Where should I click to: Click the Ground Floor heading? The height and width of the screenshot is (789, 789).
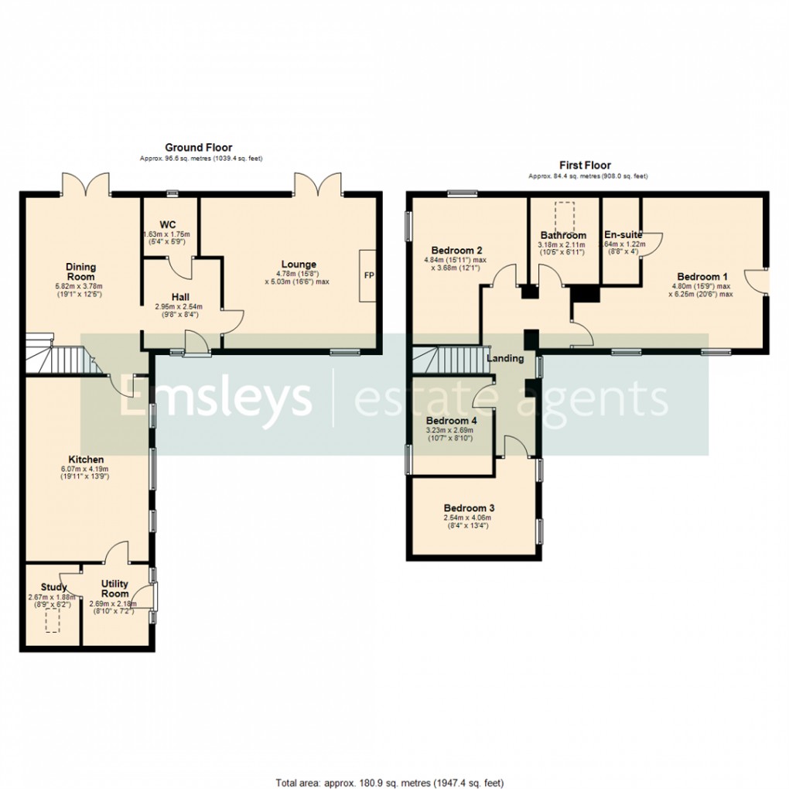click(x=198, y=147)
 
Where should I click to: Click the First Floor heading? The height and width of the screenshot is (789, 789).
click(x=585, y=165)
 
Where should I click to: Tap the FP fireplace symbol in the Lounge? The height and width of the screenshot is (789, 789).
click(x=367, y=275)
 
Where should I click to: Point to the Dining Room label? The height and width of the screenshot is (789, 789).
click(x=80, y=272)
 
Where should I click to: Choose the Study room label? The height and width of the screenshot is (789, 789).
click(x=54, y=587)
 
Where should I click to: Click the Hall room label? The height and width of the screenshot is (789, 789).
click(x=181, y=295)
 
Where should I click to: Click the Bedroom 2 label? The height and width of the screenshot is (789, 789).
click(x=456, y=250)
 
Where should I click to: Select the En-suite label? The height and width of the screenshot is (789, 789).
click(x=623, y=234)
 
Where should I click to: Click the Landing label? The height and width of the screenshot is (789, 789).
click(x=505, y=358)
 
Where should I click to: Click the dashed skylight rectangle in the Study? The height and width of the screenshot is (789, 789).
click(x=52, y=620)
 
